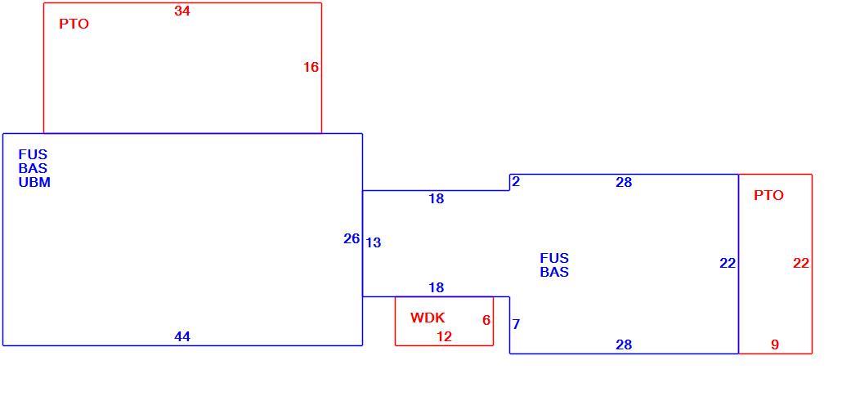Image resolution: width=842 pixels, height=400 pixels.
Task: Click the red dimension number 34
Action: pos(182,11)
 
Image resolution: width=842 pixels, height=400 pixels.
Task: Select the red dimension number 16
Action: pos(311,68)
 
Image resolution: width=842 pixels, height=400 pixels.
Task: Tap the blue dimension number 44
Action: pos(182,336)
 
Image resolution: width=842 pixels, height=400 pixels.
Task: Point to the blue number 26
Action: pos(352,239)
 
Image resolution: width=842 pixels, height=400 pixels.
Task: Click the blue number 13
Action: pos(374,243)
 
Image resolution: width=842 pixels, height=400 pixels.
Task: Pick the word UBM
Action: pos(34,182)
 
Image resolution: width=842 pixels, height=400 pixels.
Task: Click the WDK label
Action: pos(428,318)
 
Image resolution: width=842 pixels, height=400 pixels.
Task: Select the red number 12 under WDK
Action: pos(444,336)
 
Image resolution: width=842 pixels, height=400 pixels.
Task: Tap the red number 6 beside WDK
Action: pos(486,320)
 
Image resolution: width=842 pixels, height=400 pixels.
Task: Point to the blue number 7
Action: pos(516,324)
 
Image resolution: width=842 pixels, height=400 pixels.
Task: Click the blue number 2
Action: pos(516,182)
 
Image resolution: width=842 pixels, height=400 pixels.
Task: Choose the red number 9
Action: pos(775,344)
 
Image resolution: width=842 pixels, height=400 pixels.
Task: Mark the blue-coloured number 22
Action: pos(728,264)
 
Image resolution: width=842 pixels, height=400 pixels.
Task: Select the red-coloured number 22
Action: pos(800,264)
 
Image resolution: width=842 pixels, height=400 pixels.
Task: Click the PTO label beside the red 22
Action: pos(768,196)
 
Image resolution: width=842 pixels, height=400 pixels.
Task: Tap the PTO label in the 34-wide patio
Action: pos(74,24)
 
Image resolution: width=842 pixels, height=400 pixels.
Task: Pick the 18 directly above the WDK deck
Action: pos(436,288)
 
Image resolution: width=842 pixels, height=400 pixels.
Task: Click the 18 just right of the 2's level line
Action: pos(436,199)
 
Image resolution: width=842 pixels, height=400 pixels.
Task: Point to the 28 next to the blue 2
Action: pos(624,182)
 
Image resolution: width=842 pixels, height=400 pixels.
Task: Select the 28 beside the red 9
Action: pos(624,344)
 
